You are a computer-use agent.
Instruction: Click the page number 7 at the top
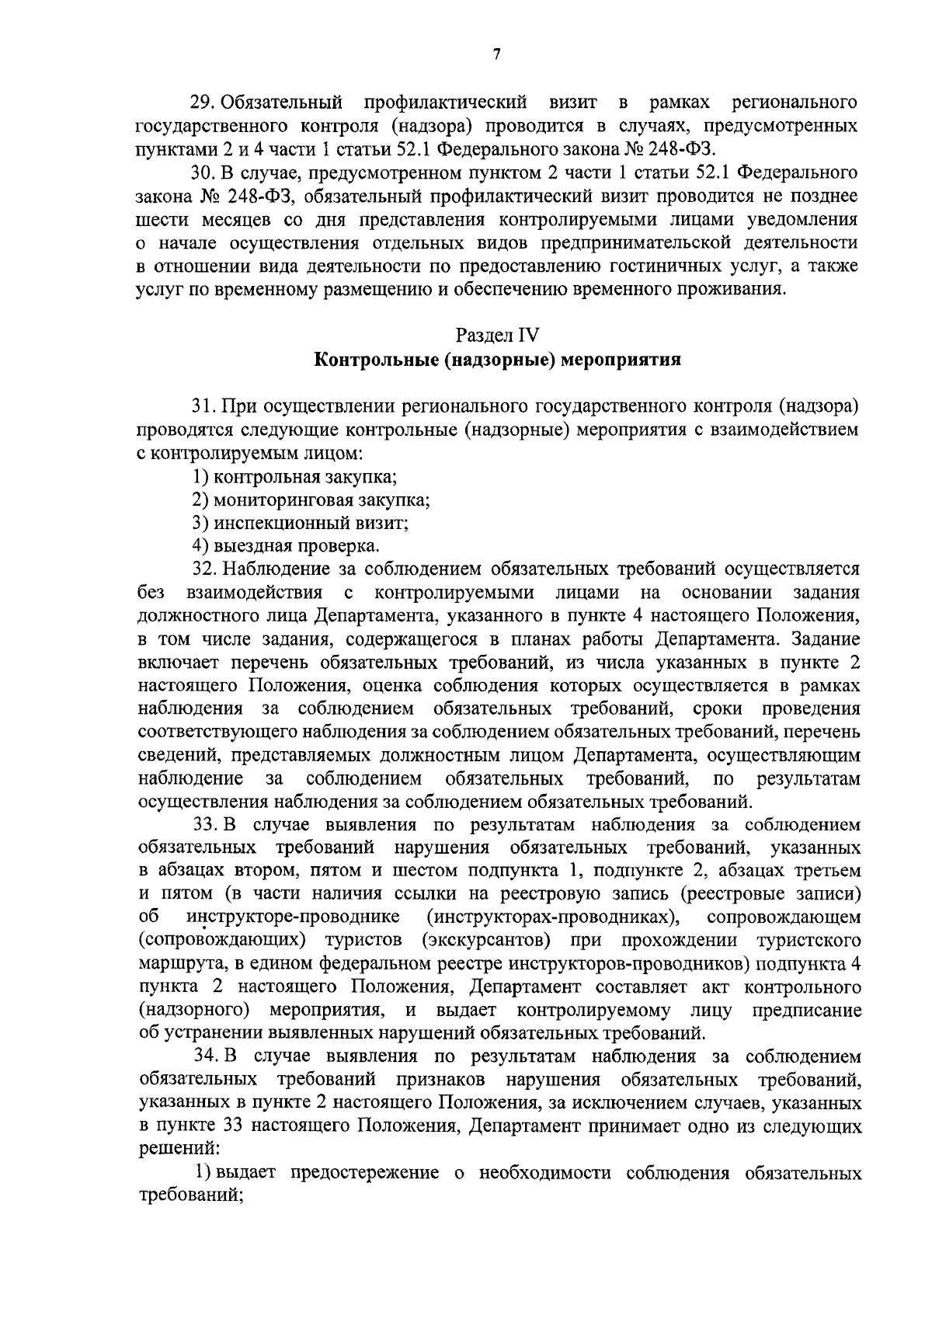point(497,54)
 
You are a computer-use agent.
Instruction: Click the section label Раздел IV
point(497,336)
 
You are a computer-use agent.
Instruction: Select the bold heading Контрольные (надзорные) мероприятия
point(498,360)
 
